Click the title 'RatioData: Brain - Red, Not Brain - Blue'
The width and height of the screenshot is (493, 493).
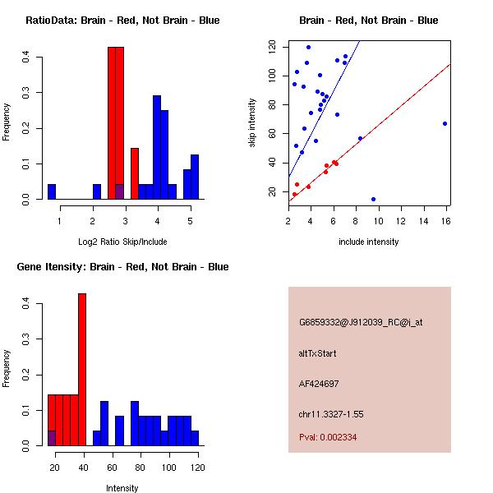point(122,21)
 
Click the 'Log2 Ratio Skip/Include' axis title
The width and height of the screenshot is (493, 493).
point(122,242)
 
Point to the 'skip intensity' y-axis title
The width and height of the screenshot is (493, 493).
point(253,123)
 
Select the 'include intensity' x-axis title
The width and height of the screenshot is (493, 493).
point(369,242)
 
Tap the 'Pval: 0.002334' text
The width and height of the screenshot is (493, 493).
point(328,438)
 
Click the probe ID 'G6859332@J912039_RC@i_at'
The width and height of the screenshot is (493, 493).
point(361,323)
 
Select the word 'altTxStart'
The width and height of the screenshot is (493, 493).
point(318,353)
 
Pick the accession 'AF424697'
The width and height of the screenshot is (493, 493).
point(319,384)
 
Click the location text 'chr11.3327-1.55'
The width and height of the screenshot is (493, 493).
point(331,413)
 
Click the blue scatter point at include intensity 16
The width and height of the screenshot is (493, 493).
point(445,123)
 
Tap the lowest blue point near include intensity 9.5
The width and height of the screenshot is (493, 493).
point(373,199)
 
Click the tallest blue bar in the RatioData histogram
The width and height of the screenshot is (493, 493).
point(156,148)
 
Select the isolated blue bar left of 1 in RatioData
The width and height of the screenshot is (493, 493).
point(52,192)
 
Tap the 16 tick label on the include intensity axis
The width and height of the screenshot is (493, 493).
point(446,221)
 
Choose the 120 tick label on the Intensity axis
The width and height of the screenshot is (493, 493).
point(196,468)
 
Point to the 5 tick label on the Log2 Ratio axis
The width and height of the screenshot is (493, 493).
point(191,221)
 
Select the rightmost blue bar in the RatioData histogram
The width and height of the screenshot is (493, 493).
point(195,177)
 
